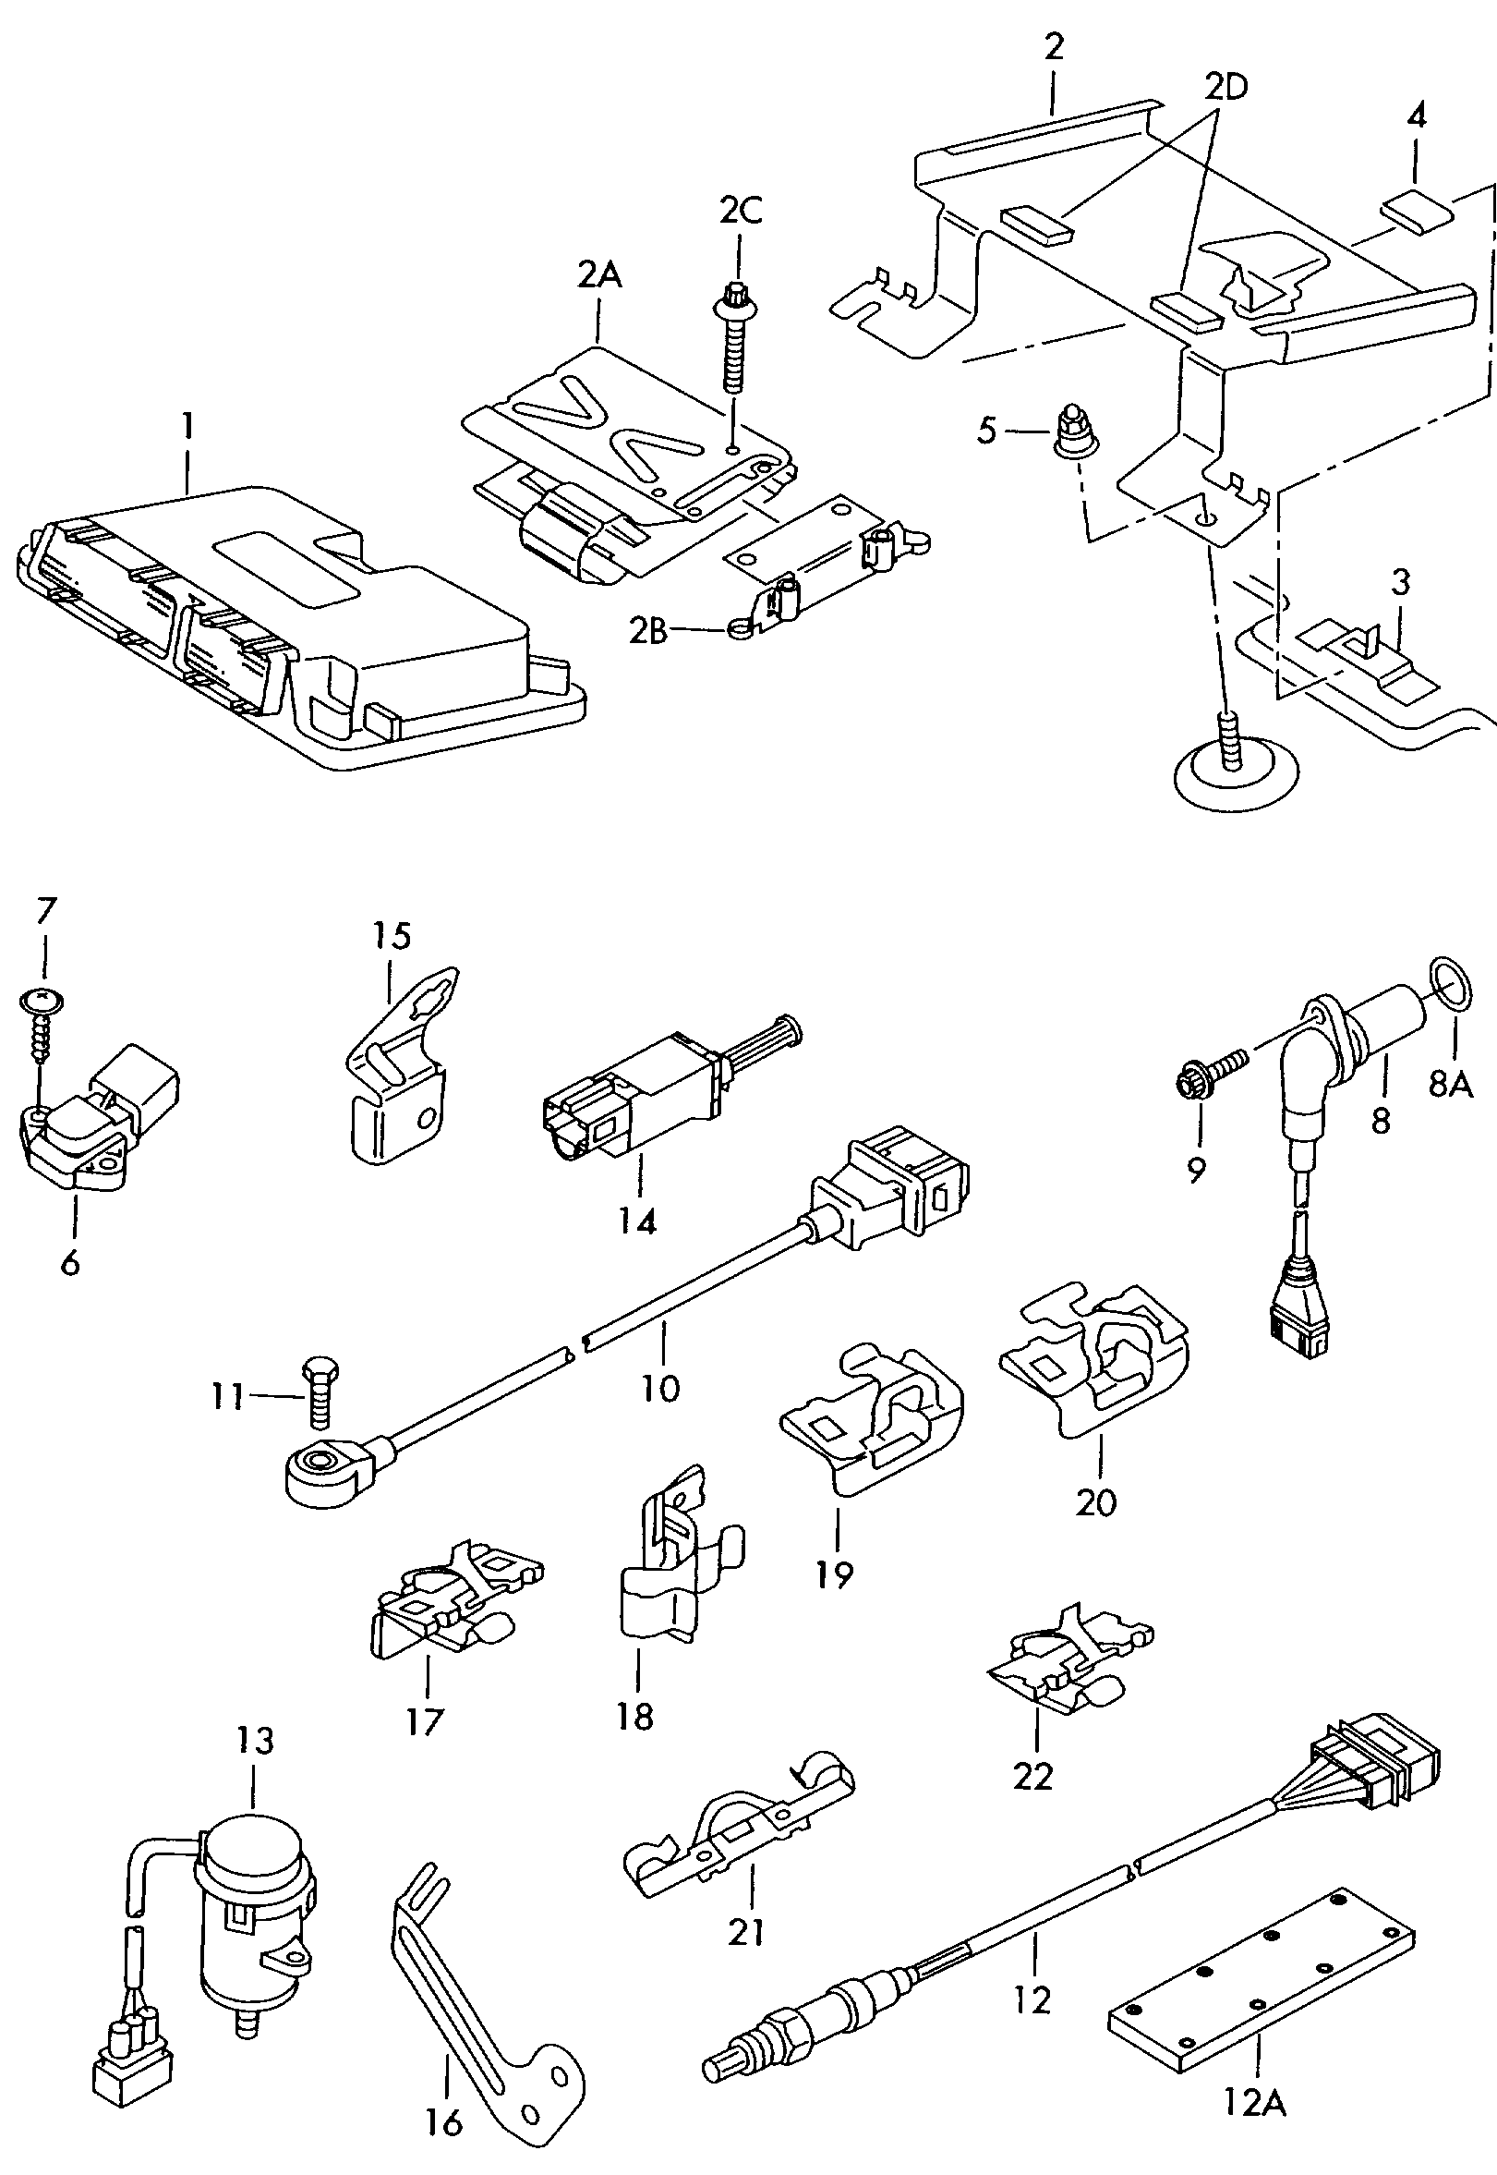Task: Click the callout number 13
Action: click(x=255, y=1741)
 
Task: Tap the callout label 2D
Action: click(x=1225, y=87)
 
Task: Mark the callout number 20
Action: click(x=1095, y=1502)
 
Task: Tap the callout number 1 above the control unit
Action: click(x=188, y=427)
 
